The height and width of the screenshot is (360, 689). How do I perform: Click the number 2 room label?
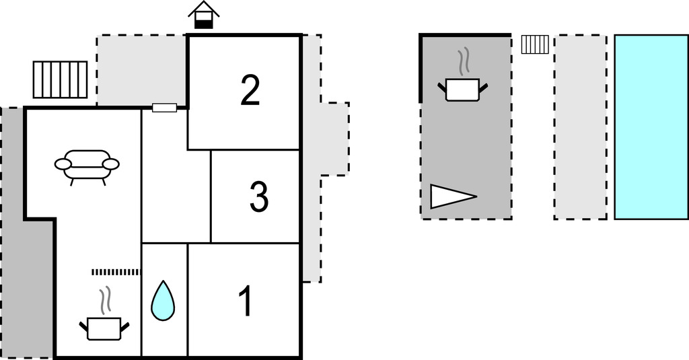250,90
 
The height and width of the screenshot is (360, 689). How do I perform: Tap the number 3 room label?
259,197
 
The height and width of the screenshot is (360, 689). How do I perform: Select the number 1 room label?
246,301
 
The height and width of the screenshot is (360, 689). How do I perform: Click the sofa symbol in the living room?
87,167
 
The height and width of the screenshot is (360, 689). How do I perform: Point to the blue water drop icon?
163,301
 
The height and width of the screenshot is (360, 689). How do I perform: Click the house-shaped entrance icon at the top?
203,15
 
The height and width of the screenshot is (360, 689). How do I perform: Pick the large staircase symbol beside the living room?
60,79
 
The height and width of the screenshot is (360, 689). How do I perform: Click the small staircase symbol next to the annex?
535,44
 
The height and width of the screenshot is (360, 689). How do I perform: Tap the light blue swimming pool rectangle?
651,127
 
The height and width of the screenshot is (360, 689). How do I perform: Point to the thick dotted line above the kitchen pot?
116,272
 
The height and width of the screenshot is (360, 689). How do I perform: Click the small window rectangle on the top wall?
164,108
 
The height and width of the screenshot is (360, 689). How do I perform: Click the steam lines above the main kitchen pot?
104,301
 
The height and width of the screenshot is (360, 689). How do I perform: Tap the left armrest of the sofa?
63,164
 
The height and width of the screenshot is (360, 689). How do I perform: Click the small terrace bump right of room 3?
335,139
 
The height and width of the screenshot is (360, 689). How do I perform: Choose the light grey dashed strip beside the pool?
581,127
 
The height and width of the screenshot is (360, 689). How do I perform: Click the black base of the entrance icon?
203,25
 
